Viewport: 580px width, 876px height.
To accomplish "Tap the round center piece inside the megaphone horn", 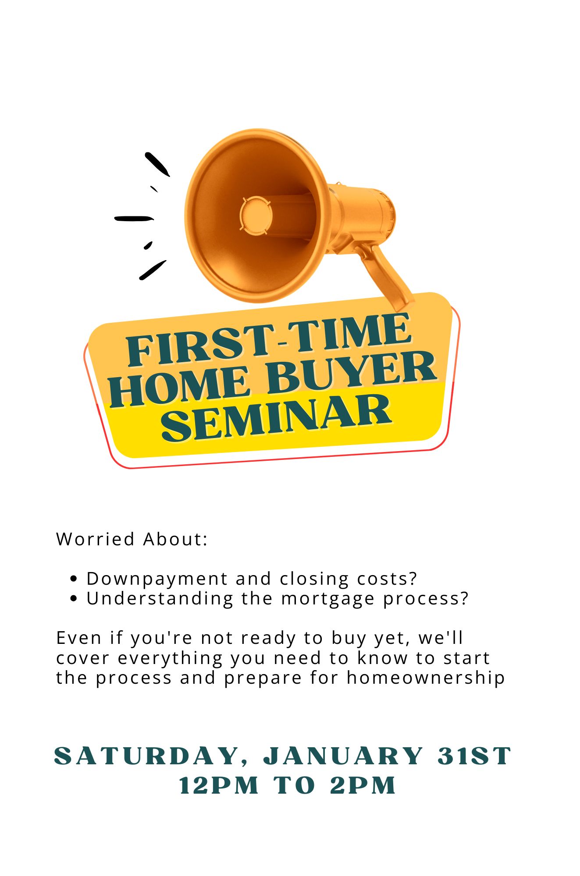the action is (x=256, y=215).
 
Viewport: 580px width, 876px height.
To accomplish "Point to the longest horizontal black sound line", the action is (x=134, y=218).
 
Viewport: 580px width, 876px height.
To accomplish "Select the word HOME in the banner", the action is (x=180, y=386).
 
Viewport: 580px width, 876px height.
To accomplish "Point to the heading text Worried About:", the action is (x=132, y=539).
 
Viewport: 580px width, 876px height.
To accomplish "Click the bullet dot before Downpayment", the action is (x=74, y=579).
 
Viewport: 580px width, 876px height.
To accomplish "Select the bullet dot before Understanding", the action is (x=74, y=598).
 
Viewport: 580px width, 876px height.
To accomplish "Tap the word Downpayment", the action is (x=157, y=579).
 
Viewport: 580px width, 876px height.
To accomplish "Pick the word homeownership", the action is (x=426, y=678).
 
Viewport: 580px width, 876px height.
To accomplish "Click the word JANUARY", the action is (x=343, y=756).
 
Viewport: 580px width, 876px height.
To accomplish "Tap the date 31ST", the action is (x=475, y=756).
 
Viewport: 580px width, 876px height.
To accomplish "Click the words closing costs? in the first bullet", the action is (x=349, y=579).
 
